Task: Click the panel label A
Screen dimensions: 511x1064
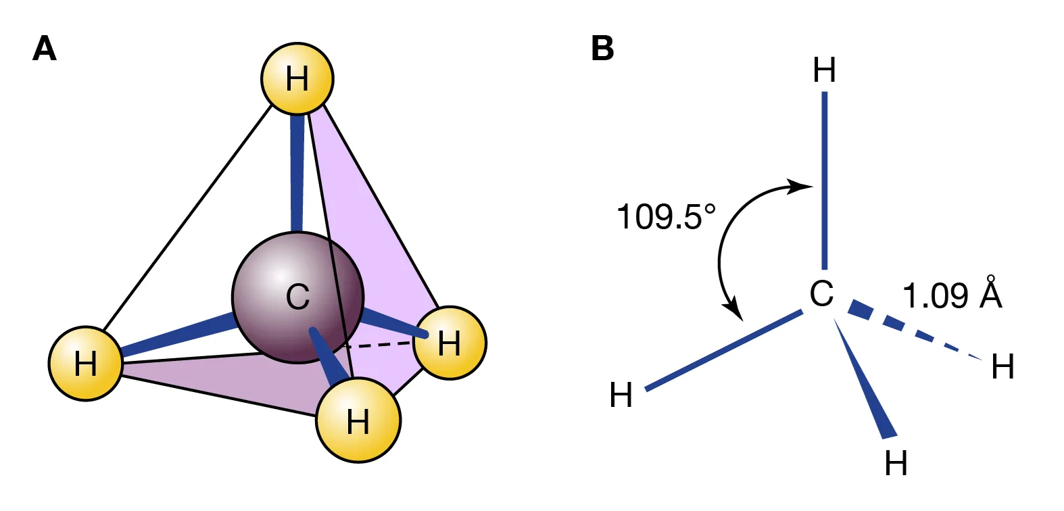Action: [x=45, y=49]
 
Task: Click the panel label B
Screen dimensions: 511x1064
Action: [x=602, y=49]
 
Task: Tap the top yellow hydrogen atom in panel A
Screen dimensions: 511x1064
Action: [x=297, y=78]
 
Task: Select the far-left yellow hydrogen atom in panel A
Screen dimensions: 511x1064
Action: [x=86, y=364]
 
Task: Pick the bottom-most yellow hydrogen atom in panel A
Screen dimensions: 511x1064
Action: [x=358, y=420]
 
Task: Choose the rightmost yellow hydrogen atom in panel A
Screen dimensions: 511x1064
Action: [x=450, y=343]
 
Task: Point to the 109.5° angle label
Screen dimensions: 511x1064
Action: [x=665, y=217]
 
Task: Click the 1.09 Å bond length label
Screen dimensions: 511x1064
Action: [x=952, y=295]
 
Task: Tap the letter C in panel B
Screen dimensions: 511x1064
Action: [x=822, y=294]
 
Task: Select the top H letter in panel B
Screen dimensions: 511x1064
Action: [x=825, y=70]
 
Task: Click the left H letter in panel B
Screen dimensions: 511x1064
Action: [x=621, y=395]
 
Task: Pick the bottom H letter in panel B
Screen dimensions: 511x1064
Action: [x=896, y=464]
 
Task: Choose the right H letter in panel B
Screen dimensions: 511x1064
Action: [x=1003, y=367]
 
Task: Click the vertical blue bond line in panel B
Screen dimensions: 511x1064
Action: [x=825, y=179]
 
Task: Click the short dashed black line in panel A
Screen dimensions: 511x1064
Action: [x=379, y=345]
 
